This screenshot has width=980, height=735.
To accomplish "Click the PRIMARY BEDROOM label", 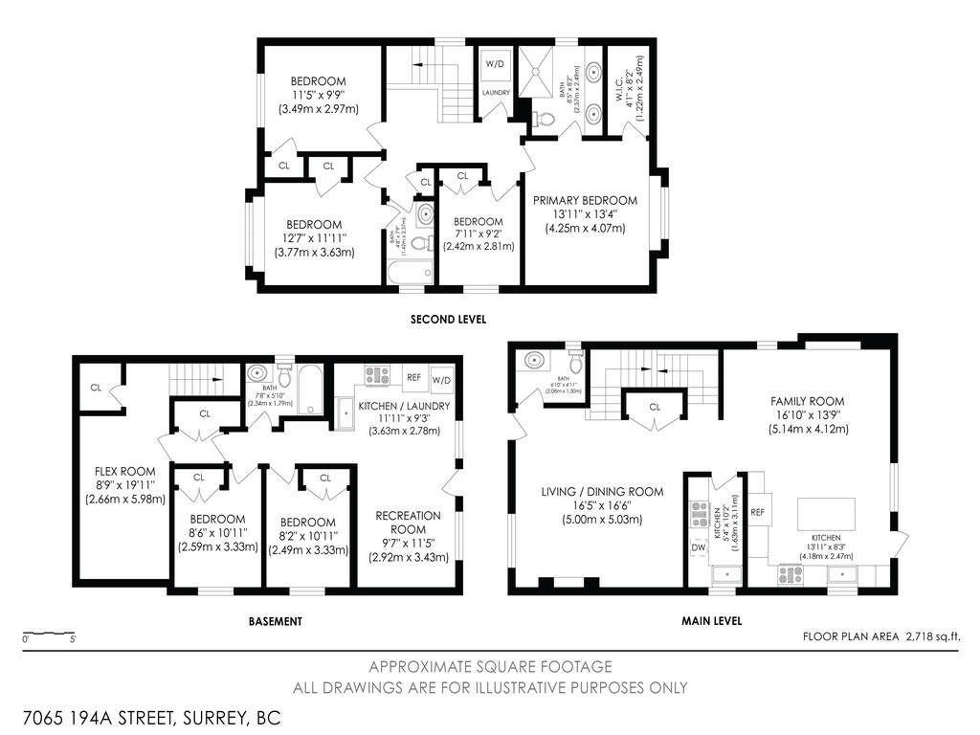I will coord(585,200).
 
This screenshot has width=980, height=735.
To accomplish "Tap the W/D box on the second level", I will coord(495,64).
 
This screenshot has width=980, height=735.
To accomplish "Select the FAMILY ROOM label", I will coord(807,401).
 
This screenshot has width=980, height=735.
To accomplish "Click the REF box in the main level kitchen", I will coord(758,513).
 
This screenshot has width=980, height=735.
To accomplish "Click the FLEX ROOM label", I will coord(124,471).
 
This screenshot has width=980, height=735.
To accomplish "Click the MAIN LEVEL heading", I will coord(711,621).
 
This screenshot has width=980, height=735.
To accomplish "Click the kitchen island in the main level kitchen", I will coord(827,514).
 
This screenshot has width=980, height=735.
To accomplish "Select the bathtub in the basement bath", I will coord(312,390).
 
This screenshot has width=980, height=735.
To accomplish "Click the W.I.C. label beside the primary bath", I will coord(616,86).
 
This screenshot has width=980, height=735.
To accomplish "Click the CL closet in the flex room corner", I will coord(96,388).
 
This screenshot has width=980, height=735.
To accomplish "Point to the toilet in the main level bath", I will coord(576,363).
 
